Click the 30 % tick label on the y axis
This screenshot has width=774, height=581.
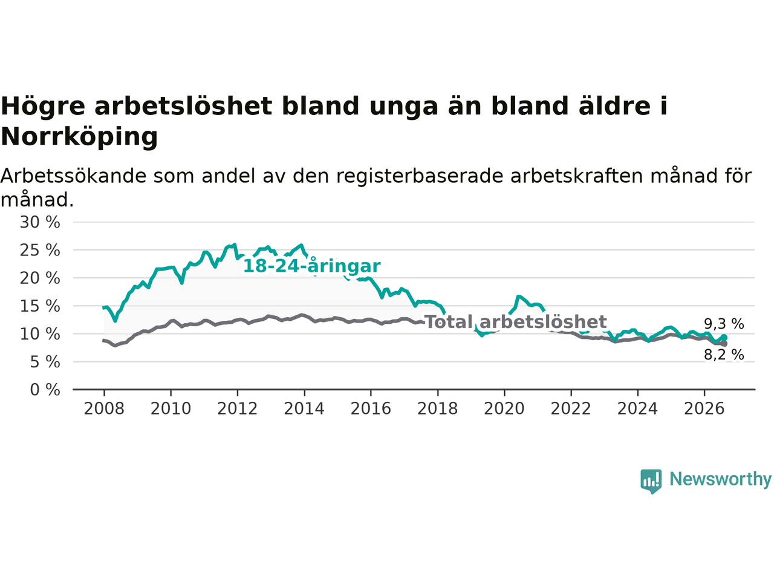(40, 222)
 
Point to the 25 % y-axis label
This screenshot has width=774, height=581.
(40, 250)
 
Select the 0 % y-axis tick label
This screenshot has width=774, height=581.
(45, 390)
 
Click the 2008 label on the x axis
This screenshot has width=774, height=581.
(104, 409)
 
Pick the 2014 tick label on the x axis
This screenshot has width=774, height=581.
(304, 409)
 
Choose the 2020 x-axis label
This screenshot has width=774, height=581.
(504, 409)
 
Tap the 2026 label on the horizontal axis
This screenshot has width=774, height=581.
(704, 409)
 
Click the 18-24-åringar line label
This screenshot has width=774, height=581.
(312, 266)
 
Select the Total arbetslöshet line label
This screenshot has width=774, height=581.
(516, 322)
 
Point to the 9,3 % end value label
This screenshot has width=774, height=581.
(724, 324)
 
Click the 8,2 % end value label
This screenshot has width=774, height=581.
(724, 355)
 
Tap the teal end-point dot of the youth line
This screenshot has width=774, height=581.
(724, 338)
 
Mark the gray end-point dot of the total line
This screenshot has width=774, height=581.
(724, 344)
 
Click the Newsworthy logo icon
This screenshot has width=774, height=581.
(651, 481)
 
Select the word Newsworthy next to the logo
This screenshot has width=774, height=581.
(720, 479)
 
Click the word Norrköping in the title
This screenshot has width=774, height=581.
(79, 137)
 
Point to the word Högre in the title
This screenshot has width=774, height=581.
(43, 107)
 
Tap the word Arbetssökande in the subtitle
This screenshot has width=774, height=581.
(73, 176)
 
